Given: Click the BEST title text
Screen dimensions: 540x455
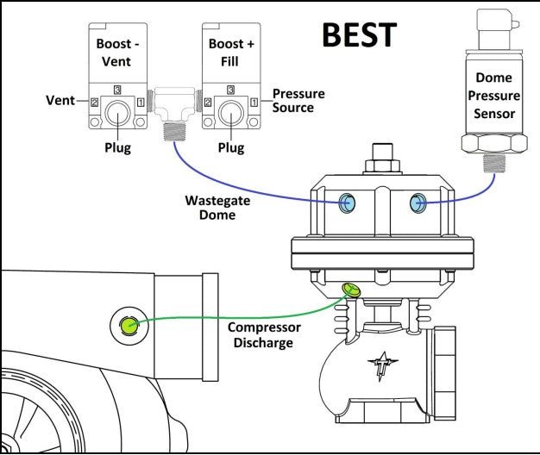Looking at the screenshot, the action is click(360, 34).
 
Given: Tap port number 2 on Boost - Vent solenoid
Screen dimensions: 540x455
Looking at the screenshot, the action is click(94, 103).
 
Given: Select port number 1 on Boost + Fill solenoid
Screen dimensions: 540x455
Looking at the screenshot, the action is click(254, 103).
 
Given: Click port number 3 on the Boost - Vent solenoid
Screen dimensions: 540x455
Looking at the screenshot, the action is click(117, 90).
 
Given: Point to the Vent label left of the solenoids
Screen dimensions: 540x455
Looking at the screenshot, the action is click(60, 101).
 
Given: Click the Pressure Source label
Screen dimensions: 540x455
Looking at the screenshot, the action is click(298, 101).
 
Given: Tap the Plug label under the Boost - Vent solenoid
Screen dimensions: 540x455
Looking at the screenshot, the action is click(118, 148).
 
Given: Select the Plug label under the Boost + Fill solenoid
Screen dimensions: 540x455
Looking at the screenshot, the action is click(231, 148).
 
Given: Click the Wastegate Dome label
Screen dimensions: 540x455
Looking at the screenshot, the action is click(217, 208).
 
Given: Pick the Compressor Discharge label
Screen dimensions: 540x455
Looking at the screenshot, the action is click(264, 335).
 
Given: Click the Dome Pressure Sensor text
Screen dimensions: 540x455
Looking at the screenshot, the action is click(494, 96).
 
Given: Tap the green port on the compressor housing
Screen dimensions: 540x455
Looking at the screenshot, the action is click(129, 325).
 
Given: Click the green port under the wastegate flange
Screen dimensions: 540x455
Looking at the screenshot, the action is click(351, 290).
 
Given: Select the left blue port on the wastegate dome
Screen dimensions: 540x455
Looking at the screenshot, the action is click(347, 203).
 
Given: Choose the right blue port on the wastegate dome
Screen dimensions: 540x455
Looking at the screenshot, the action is click(418, 203).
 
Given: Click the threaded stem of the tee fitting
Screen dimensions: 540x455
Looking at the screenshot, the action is click(175, 131).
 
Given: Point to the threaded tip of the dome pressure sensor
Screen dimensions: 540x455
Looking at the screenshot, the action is click(494, 163).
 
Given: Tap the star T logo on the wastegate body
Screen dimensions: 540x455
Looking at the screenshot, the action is click(382, 365).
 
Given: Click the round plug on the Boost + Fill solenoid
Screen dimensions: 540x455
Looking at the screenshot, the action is click(231, 113).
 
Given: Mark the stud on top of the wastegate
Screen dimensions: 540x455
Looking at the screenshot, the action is click(383, 152).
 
